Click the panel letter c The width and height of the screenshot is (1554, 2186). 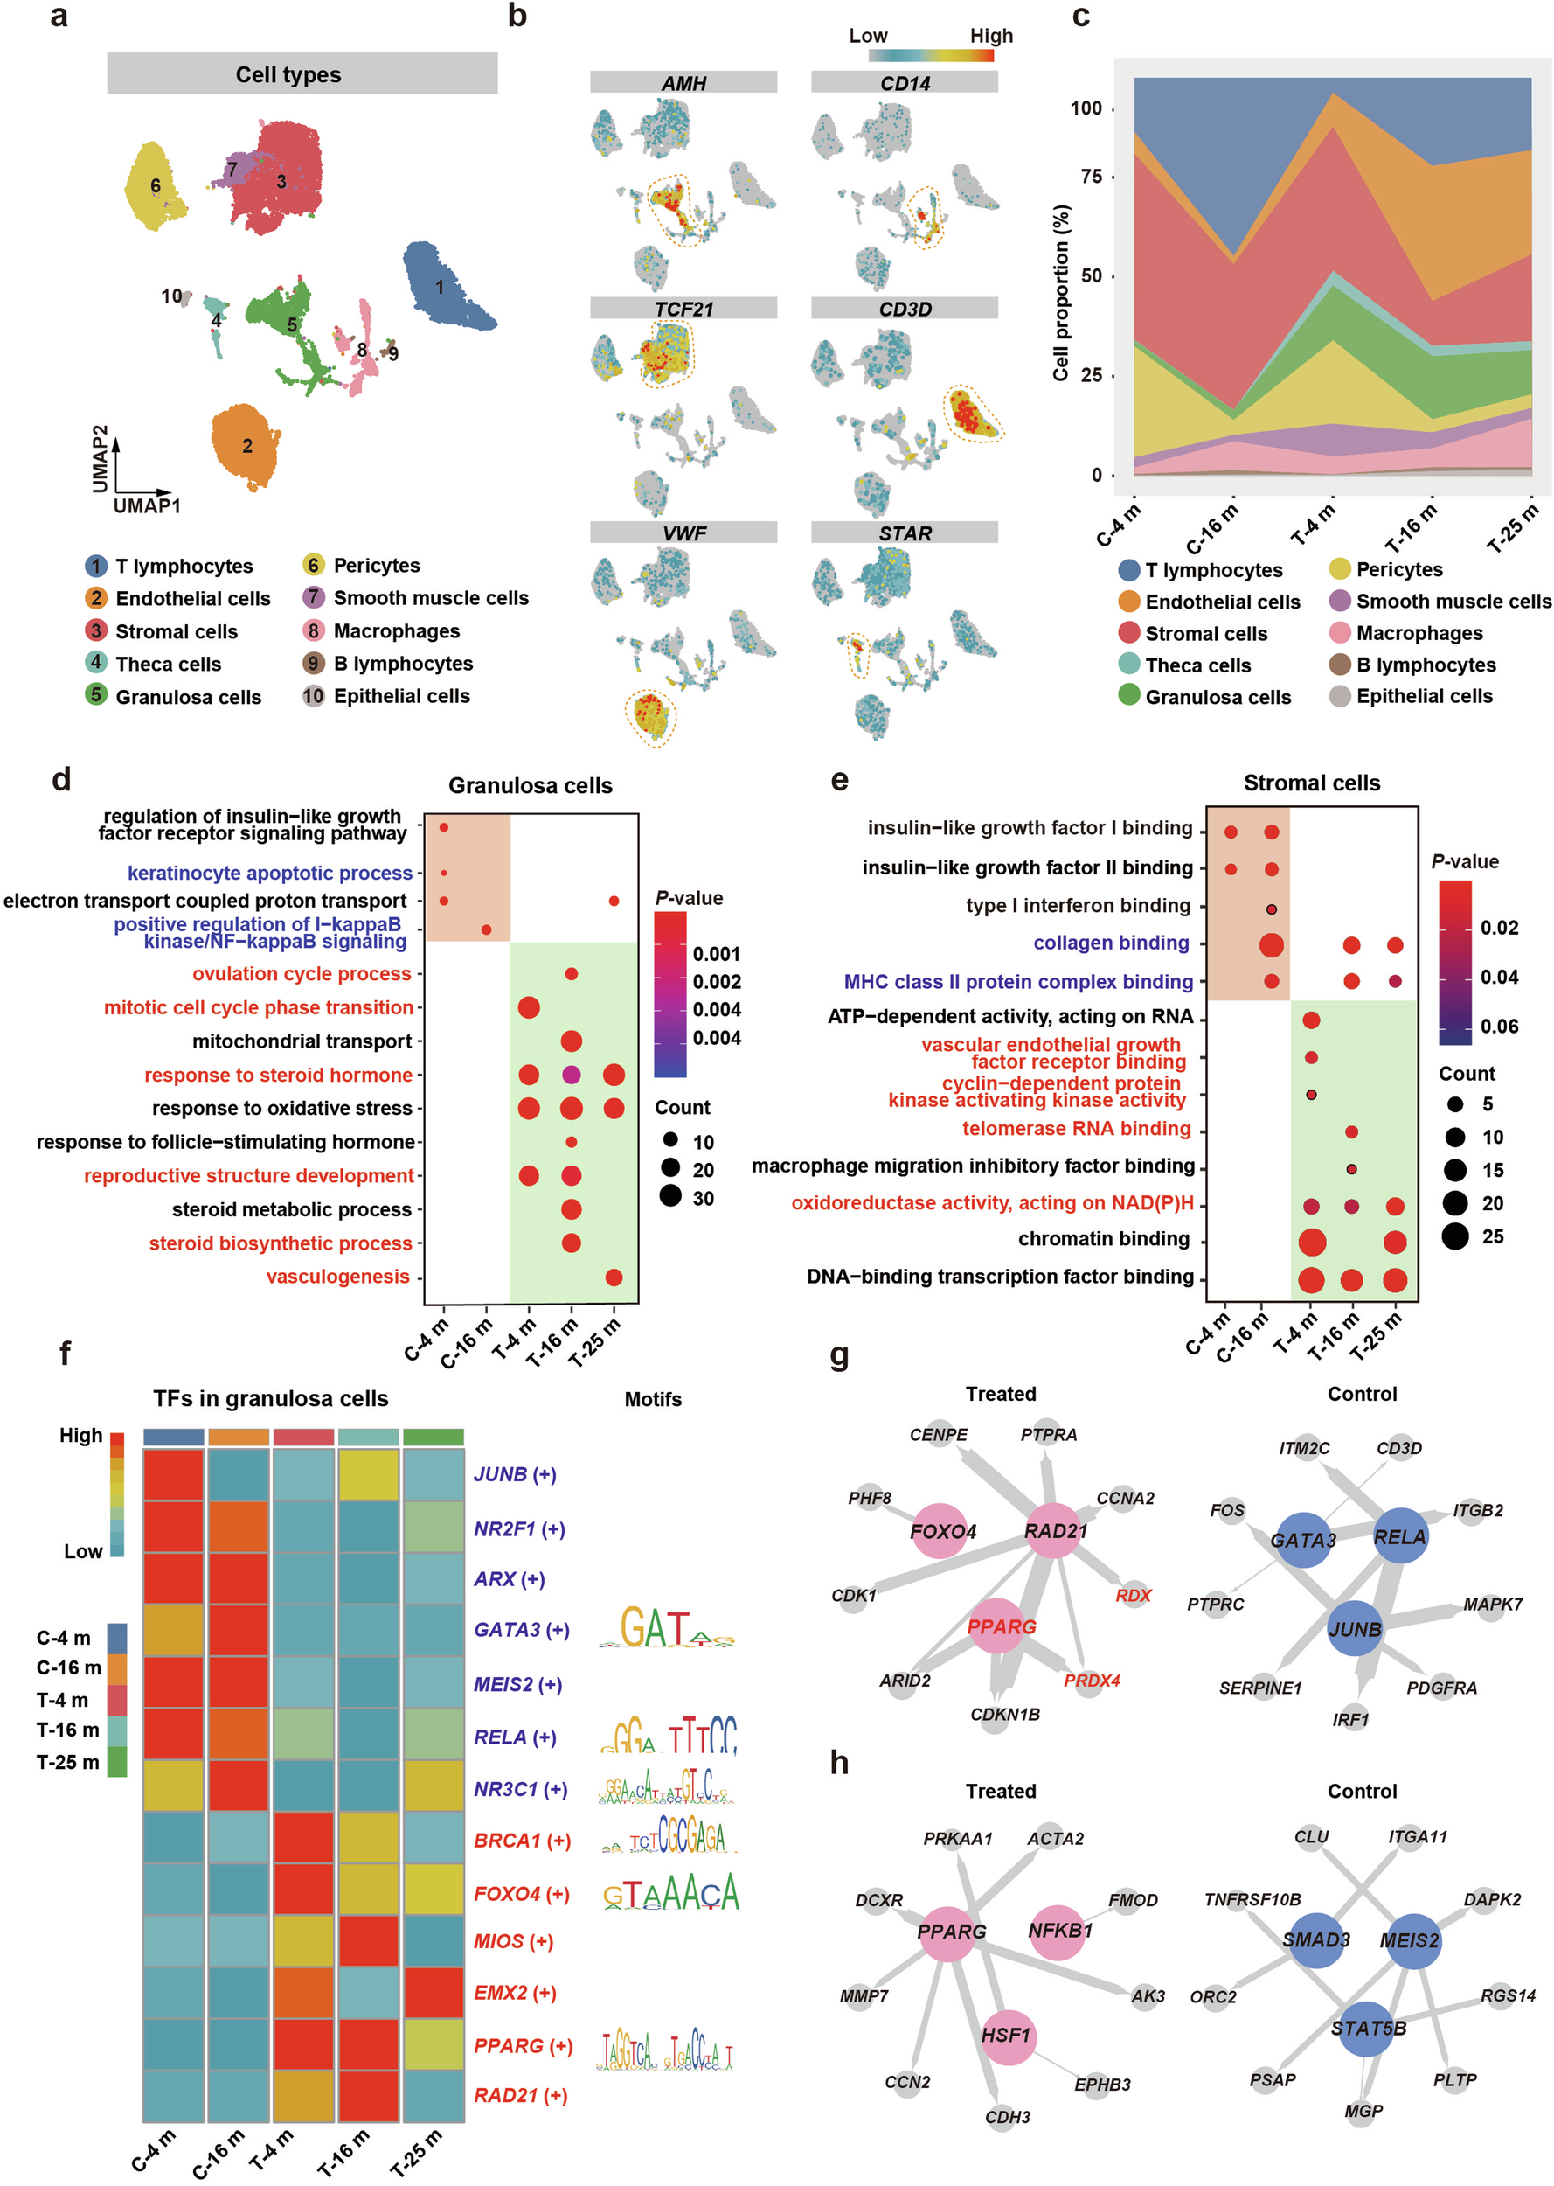coord(1080,17)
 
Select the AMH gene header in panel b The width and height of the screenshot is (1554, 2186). coord(683,83)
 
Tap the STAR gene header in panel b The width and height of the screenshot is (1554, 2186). coord(905,533)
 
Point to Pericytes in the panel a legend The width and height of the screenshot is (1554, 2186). coord(376,566)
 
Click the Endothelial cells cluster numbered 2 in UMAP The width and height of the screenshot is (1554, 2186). coord(246,445)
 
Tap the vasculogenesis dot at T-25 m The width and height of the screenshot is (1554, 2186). coord(614,1277)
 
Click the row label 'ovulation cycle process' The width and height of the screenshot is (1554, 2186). coord(302,973)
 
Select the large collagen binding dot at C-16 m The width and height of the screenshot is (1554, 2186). coord(1271,944)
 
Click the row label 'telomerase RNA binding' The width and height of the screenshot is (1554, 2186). coord(1076,1128)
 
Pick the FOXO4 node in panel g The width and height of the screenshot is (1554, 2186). coord(942,1531)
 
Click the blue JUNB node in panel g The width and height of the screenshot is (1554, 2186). coord(1354,1629)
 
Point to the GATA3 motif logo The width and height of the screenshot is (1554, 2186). coord(666,1628)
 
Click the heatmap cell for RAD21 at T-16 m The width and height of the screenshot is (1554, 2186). coord(369,2095)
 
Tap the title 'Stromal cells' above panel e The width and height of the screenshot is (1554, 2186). coord(1311,783)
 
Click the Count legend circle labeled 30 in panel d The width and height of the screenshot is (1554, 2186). coord(669,1196)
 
